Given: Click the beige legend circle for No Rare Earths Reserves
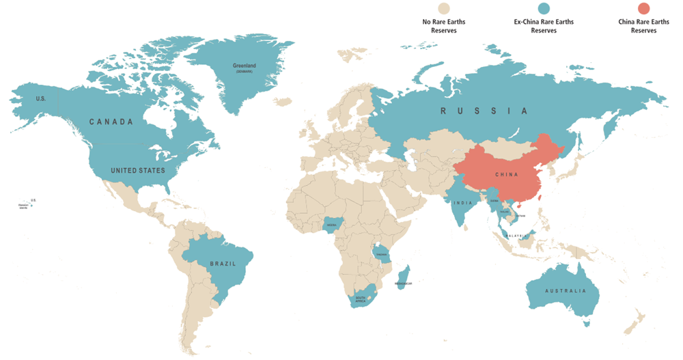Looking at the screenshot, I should (444, 8).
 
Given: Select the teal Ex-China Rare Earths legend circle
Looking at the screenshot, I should (544, 8).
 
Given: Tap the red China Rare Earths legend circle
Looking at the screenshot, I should (643, 8).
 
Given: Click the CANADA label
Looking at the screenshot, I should (111, 122).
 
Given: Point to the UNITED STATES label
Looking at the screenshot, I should (138, 170).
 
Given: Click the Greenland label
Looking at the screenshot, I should (244, 66).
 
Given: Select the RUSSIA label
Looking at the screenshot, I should (484, 111).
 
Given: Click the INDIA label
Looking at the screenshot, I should (462, 203).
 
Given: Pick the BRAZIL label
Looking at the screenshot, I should (223, 263).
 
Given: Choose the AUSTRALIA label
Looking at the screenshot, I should (565, 290).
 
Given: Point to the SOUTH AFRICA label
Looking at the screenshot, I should (359, 299).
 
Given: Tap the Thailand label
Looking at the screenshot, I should (505, 212).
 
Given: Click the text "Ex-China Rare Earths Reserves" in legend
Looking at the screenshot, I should (544, 26).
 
